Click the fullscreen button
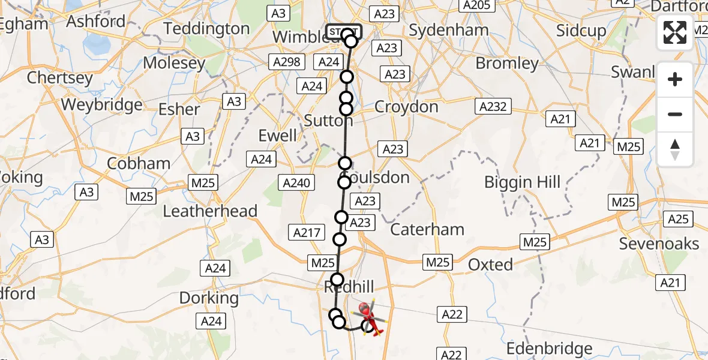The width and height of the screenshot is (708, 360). (x=675, y=32)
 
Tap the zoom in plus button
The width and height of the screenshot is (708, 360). (x=675, y=79)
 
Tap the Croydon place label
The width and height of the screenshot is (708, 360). (x=406, y=107)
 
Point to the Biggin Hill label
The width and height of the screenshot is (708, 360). (x=523, y=182)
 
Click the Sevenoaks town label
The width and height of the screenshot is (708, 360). (x=659, y=244)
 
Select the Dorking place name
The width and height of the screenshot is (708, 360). (x=209, y=298)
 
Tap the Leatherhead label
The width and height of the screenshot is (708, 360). (x=210, y=211)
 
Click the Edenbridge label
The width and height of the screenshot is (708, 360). (x=550, y=349)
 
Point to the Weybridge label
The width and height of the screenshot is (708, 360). (x=101, y=104)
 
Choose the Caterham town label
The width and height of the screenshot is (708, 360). (x=427, y=229)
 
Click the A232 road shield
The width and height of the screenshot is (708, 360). (x=493, y=107)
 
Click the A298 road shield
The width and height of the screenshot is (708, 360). (x=287, y=62)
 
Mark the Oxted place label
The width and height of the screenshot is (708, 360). (x=490, y=264)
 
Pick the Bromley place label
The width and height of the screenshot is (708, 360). (x=507, y=63)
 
